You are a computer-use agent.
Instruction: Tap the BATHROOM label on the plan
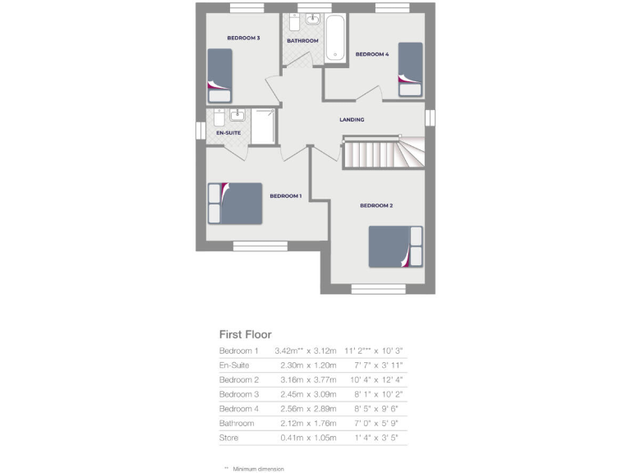tap(302, 41)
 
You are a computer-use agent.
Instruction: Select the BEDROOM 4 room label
tap(371, 54)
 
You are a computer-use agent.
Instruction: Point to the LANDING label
tap(352, 120)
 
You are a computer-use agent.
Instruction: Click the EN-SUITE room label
tap(228, 132)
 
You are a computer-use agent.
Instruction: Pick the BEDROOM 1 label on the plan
tap(285, 195)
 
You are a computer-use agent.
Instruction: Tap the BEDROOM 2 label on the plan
tap(376, 205)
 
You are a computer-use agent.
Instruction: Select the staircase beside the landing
tap(382, 153)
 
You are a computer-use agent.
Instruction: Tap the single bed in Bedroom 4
tap(410, 70)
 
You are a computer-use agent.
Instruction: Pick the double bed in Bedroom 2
tap(395, 246)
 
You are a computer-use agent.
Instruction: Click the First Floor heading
tap(245, 334)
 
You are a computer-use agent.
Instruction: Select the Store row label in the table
tap(228, 438)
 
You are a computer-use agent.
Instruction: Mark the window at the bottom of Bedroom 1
tap(260, 245)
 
